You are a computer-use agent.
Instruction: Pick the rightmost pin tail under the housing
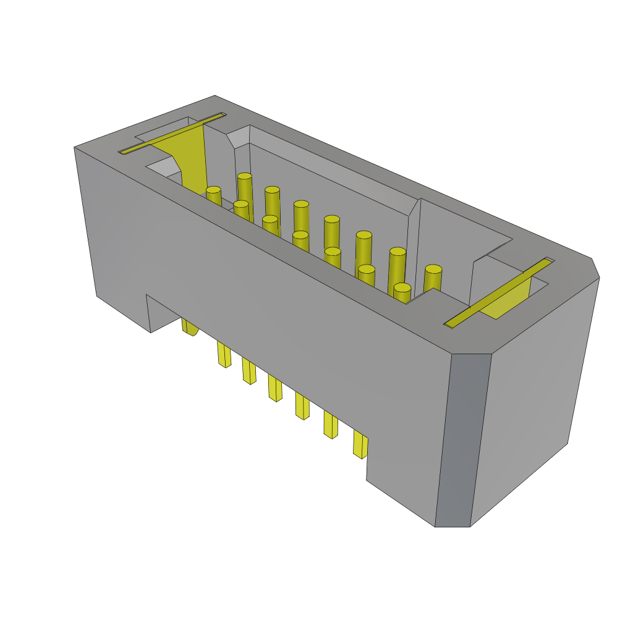360,444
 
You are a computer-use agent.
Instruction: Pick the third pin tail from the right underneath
302,406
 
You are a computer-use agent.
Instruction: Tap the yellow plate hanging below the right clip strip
510,300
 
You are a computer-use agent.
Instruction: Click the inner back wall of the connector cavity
328,185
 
